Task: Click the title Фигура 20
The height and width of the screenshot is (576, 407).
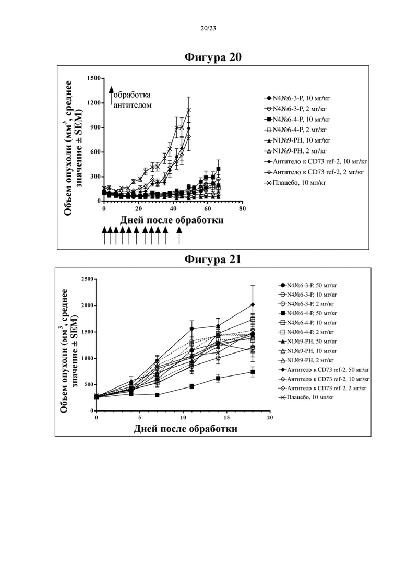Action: tap(212, 57)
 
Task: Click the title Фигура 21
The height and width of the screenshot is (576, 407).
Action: tap(212, 260)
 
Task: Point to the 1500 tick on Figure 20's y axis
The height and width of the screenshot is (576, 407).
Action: tap(94, 78)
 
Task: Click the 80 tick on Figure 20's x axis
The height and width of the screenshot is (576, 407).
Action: tap(242, 209)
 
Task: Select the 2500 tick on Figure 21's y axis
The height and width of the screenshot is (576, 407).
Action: tap(87, 279)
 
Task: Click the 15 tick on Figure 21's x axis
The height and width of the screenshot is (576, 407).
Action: tap(227, 418)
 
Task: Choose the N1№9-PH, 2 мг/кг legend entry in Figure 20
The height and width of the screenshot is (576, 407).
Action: tap(295, 151)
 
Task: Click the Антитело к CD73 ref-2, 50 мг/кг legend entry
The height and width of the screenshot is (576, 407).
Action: tap(324, 370)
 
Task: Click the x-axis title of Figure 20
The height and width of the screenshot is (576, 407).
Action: tap(172, 220)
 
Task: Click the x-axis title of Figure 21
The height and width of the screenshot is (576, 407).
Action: tap(185, 429)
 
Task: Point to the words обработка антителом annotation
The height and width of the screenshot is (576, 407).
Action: tap(132, 100)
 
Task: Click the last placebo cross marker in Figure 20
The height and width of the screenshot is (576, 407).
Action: tap(189, 110)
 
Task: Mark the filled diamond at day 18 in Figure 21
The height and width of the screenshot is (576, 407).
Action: tap(253, 304)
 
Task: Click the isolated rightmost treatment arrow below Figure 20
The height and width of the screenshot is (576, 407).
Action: tap(179, 236)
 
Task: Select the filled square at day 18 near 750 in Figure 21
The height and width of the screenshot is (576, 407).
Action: tap(253, 372)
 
